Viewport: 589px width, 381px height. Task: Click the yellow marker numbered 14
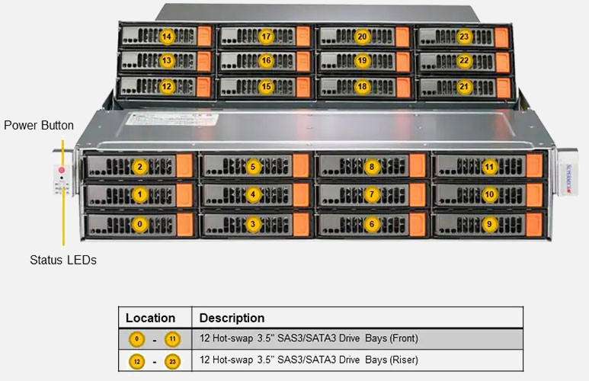point(167,36)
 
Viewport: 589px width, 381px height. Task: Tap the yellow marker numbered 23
point(464,36)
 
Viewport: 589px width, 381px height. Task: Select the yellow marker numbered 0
point(139,224)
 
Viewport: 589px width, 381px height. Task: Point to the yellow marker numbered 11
point(489,166)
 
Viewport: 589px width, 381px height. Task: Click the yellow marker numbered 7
point(372,195)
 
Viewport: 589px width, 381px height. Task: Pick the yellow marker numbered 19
point(362,61)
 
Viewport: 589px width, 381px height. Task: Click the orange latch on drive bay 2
point(185,166)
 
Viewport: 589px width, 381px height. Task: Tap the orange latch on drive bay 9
point(533,224)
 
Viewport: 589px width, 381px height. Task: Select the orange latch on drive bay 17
point(303,37)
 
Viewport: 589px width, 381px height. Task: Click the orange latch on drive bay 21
point(501,87)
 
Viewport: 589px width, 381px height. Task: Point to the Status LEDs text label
point(63,261)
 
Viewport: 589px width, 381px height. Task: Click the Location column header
point(150,318)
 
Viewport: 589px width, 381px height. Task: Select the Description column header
point(232,318)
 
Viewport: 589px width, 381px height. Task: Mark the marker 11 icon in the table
point(172,338)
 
